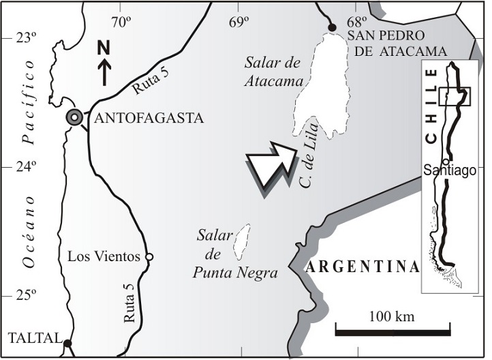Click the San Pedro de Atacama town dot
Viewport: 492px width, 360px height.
coord(333,27)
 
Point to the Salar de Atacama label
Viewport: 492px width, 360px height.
coord(273,73)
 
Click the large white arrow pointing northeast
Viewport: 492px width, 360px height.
coord(270,166)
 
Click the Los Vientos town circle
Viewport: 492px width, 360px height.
coord(149,256)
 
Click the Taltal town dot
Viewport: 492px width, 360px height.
coord(67,342)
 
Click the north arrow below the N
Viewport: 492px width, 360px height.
coord(104,71)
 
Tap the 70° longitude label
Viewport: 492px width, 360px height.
coord(121,21)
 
